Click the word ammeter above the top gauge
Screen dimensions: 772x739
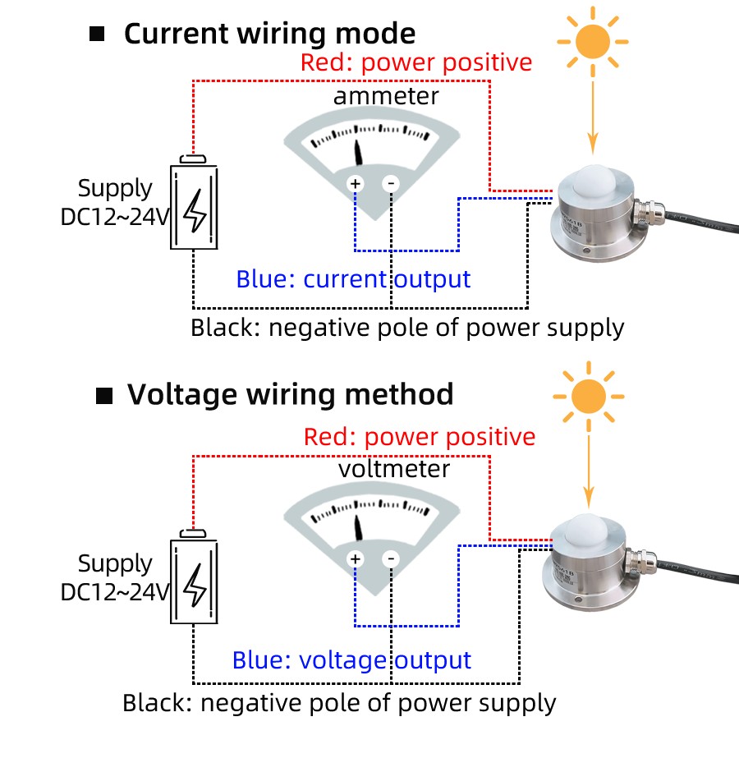tap(386, 96)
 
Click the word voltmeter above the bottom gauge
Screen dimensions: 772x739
tap(394, 469)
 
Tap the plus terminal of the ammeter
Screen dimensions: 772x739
tap(356, 184)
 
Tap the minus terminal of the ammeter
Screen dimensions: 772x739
tap(392, 184)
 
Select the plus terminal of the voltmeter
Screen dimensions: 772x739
tap(356, 559)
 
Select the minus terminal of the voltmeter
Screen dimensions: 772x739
tap(392, 559)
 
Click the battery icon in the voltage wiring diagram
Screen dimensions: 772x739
tap(195, 581)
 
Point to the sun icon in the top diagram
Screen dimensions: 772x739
tap(592, 40)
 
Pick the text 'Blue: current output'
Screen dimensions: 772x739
tap(353, 279)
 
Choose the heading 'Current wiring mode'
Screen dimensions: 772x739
tap(269, 34)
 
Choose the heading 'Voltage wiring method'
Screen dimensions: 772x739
tap(290, 395)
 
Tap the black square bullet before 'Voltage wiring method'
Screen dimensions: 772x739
tap(104, 397)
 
